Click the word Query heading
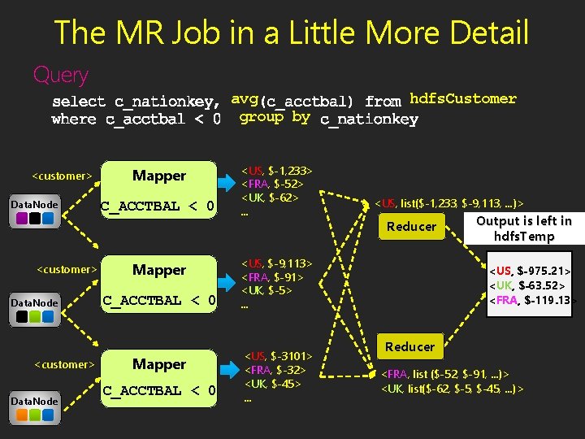(60, 76)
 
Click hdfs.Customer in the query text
(463, 99)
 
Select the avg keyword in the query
(245, 99)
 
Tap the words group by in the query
(274, 117)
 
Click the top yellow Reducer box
(411, 226)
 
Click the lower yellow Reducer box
(409, 346)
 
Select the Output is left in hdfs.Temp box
(523, 228)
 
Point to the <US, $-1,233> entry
(277, 170)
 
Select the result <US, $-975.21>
(529, 269)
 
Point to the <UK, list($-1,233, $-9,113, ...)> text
(453, 202)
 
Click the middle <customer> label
(67, 269)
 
